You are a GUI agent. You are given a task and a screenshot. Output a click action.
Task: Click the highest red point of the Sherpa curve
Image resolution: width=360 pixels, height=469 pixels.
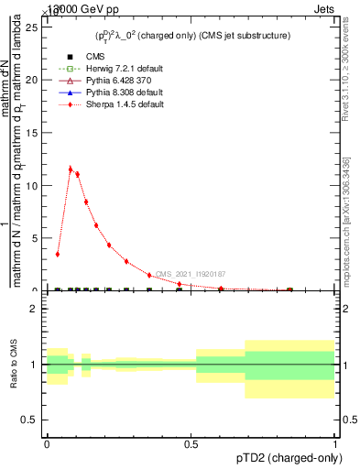click(x=71, y=169)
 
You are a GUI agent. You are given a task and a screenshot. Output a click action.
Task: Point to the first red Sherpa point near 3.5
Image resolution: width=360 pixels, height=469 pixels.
click(x=58, y=254)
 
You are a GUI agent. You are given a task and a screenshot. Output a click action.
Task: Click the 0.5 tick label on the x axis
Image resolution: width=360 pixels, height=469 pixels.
click(x=191, y=442)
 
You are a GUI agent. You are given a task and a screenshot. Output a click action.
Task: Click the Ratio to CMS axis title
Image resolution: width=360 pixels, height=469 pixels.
click(x=14, y=365)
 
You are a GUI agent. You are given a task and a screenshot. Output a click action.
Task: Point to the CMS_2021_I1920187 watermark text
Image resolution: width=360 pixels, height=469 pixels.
click(x=190, y=274)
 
